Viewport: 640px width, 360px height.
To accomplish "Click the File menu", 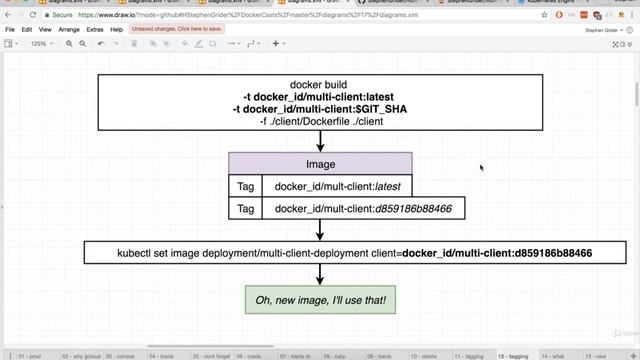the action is point(10,30).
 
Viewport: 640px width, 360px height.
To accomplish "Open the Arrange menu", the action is point(69,30).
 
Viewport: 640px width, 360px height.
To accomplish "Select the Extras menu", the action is point(95,30).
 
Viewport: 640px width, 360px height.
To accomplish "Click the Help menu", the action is point(117,30).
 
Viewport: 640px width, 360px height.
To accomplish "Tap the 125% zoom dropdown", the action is point(40,44).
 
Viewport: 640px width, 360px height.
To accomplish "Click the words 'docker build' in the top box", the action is point(319,85).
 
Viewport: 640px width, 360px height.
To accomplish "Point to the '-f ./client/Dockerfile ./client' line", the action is point(319,121).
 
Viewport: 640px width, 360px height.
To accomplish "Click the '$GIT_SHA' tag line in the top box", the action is point(319,109).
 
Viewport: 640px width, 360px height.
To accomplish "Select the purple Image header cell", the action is point(320,164).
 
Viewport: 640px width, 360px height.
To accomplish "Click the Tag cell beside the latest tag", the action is point(245,186).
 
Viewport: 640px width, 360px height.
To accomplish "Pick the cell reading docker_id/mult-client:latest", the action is point(337,186).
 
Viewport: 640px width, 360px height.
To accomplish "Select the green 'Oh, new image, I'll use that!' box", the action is point(320,300).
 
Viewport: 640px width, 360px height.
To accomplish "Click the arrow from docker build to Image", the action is point(320,142).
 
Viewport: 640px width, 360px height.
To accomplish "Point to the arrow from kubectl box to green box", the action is point(320,275).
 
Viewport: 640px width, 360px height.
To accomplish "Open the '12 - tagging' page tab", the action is point(513,355).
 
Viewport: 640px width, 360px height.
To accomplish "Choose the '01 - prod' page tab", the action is point(29,355).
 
